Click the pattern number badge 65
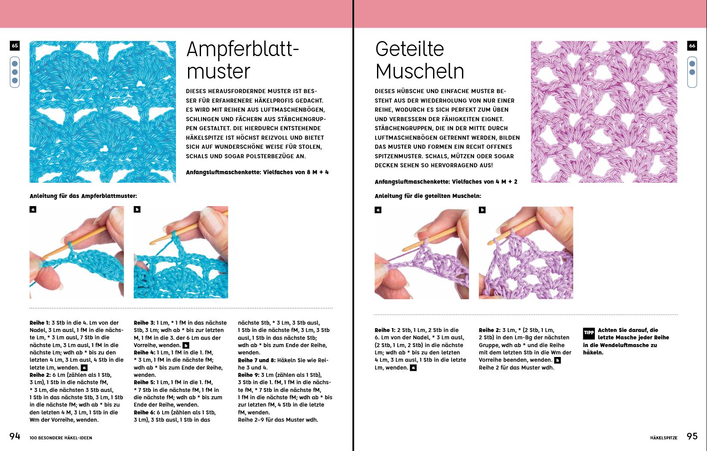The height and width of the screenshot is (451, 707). point(15,46)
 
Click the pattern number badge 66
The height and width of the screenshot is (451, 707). point(692,46)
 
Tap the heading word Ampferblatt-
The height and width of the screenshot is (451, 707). point(242,50)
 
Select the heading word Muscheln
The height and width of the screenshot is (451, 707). point(420,71)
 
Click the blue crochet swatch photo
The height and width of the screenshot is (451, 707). point(103,112)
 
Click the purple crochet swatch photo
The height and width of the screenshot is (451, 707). point(604,112)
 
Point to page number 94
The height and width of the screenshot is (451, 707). point(15,436)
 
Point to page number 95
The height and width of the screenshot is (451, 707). point(692,436)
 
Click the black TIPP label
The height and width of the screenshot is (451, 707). point(589,333)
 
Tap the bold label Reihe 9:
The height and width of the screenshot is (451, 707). point(248,375)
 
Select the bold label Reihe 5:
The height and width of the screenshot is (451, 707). point(144,382)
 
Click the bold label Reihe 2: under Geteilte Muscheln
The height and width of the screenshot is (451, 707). point(490,330)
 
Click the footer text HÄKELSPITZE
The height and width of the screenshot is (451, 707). point(664,438)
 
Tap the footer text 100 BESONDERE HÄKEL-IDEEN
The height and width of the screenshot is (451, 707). point(61,438)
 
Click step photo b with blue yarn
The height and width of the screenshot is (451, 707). point(181,252)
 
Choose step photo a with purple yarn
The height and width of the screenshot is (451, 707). point(422,253)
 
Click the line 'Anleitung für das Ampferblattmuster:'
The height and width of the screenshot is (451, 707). point(83,196)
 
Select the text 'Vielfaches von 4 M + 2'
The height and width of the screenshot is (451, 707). point(484,182)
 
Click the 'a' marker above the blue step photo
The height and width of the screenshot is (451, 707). point(33,210)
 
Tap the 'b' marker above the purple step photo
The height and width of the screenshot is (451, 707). point(482,210)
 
